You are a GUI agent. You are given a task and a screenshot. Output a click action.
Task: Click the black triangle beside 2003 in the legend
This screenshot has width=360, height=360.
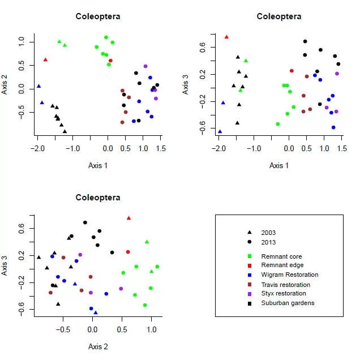point(249,233)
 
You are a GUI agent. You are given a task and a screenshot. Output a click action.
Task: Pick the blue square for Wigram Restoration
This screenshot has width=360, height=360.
point(249,275)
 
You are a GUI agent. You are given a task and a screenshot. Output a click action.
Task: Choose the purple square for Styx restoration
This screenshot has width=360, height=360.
point(249,293)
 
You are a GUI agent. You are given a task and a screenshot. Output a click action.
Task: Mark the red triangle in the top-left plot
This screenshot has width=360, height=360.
point(45,59)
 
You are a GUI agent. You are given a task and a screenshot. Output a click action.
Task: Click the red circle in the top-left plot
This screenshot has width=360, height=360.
point(110,61)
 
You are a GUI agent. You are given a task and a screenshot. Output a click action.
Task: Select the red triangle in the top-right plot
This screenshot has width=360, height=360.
point(226,37)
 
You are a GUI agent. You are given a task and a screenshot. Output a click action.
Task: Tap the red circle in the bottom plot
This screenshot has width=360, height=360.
point(128,252)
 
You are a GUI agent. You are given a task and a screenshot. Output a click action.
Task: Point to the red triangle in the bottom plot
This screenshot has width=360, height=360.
point(129,218)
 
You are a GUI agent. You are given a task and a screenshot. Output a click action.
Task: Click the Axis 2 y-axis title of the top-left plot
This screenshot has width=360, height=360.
point(6,80)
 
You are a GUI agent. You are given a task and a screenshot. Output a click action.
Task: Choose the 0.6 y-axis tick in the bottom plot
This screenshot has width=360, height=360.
point(20,228)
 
